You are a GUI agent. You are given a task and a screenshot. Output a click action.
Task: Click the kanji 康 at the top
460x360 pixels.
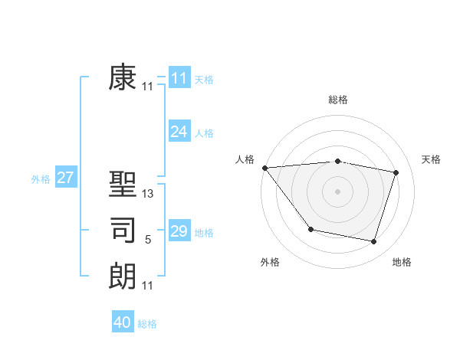coord(123,78)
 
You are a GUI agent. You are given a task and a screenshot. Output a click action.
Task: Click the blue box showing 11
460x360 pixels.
coord(179,78)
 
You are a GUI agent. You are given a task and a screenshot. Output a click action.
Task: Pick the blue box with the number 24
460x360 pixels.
coord(179,132)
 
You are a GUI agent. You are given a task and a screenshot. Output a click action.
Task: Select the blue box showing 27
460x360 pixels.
coord(66,178)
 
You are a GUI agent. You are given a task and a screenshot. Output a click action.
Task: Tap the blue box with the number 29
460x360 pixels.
coord(179,231)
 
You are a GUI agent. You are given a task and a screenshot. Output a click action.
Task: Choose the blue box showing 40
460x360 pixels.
coord(123,322)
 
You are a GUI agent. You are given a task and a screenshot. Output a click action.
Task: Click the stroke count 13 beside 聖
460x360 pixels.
coord(148,195)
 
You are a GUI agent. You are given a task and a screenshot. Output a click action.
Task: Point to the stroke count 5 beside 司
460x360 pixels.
coord(148,241)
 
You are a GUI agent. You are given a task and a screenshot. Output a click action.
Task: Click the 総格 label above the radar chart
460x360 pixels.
coord(338,100)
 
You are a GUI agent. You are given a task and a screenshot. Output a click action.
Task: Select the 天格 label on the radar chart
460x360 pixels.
coord(432,159)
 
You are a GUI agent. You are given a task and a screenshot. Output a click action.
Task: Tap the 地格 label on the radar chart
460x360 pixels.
coord(402,262)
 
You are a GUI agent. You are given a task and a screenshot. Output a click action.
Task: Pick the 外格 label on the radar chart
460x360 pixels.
coord(270,262)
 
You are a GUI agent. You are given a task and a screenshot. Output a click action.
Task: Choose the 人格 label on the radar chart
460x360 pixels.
coord(245,159)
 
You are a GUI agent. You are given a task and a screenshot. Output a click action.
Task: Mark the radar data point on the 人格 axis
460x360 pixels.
coord(264,168)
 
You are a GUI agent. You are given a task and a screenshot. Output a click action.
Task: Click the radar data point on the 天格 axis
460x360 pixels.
coord(396,172)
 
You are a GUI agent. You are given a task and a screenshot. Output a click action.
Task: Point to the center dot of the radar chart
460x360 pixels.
coord(337,191)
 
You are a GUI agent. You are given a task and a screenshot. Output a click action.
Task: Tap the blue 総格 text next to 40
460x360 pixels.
coord(147,324)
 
